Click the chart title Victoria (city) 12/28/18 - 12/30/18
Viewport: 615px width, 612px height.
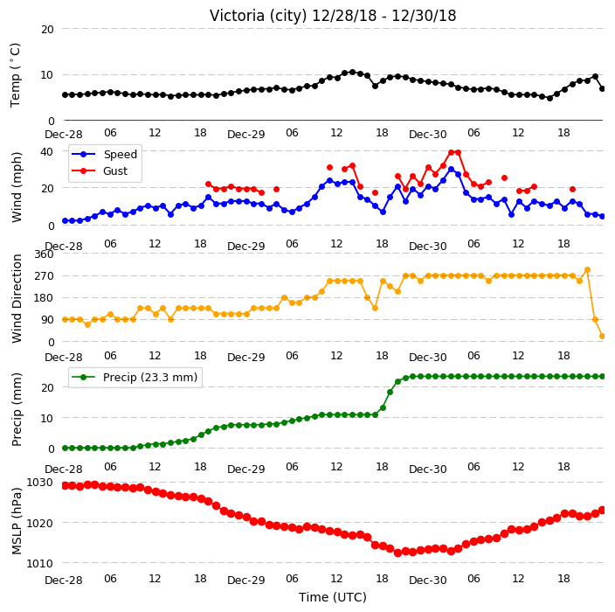tap(333, 16)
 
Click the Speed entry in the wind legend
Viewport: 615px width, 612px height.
tap(120, 154)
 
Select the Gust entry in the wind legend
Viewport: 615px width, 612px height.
tap(115, 171)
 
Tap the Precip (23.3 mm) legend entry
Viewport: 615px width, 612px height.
tap(150, 377)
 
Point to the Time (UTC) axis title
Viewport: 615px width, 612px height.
tap(333, 597)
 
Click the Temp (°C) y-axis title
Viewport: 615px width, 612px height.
tap(16, 75)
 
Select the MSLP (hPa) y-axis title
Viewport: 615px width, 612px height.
tap(16, 521)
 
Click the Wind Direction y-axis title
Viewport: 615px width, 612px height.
tap(16, 299)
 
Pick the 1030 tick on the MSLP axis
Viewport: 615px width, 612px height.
tap(39, 482)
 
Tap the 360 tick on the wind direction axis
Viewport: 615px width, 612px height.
tap(44, 254)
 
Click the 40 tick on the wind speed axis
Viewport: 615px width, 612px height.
tap(47, 151)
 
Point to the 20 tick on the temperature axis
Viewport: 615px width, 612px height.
tap(47, 29)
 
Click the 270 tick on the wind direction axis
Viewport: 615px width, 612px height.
tap(44, 276)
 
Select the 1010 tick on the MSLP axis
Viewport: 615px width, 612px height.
tap(39, 563)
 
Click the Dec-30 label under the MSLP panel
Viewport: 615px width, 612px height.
tap(427, 581)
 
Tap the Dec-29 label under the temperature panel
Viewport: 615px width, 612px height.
tap(246, 135)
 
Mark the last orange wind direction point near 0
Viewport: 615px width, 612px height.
tap(603, 336)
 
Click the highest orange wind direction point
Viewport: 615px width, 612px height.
tap(587, 270)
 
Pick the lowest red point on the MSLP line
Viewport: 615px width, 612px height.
tap(397, 553)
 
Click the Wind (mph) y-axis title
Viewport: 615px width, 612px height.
tap(16, 187)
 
